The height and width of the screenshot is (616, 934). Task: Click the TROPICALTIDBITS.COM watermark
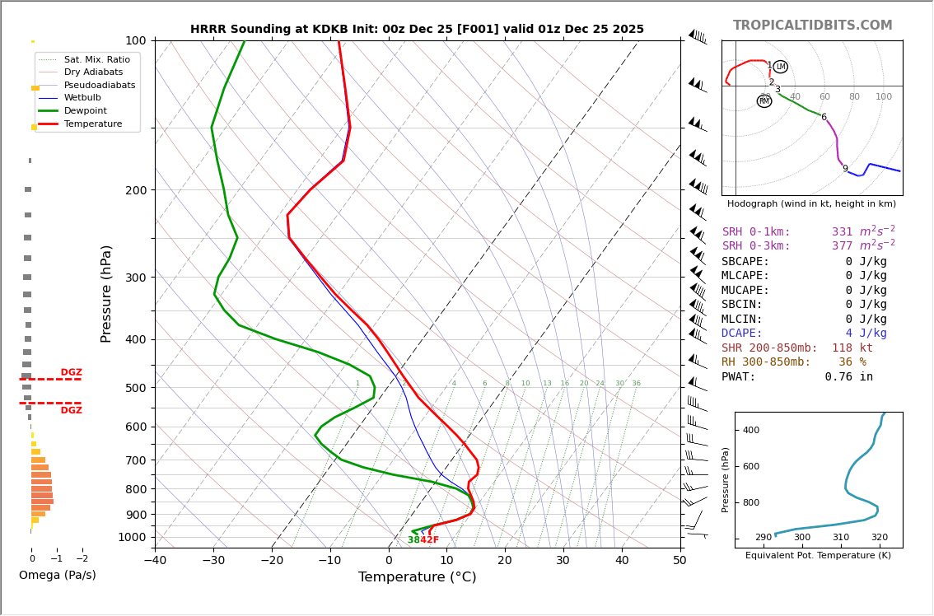pyautogui.click(x=812, y=26)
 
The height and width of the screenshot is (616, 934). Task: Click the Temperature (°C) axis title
pyautogui.click(x=417, y=577)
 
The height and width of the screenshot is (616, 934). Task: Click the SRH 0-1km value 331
pyautogui.click(x=843, y=232)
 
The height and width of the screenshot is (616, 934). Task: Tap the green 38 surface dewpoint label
pyautogui.click(x=413, y=540)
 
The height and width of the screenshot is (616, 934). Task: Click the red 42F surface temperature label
pyautogui.click(x=429, y=540)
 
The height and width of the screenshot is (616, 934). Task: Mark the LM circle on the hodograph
pyautogui.click(x=780, y=67)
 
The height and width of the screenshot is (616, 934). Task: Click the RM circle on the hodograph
pyautogui.click(x=764, y=101)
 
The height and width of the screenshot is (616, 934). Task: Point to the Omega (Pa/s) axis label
pyautogui.click(x=57, y=575)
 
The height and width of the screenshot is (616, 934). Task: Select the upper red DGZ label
pyautogui.click(x=71, y=372)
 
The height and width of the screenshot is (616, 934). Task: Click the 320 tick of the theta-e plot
pyautogui.click(x=879, y=538)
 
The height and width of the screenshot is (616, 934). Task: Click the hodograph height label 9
pyautogui.click(x=845, y=169)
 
